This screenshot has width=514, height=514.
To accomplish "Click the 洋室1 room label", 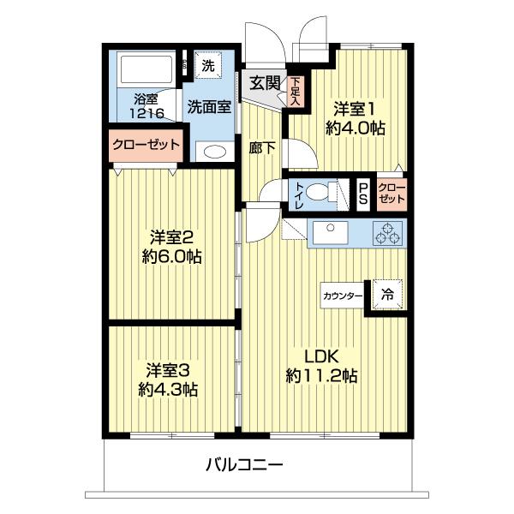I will tap(354, 109).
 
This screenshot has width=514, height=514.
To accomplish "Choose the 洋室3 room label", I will tap(167, 370).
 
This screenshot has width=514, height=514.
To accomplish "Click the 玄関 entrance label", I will tap(265, 83).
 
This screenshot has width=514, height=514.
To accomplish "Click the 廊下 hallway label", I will tap(263, 147).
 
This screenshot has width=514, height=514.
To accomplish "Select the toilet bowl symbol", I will tap(324, 192).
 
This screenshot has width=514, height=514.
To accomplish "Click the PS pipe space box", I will tap(363, 192).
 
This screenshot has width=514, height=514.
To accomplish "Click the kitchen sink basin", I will tap(327, 232).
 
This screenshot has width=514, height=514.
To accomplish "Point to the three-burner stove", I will tap(386, 232).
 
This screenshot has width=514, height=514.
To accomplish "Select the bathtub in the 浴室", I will tap(145, 69).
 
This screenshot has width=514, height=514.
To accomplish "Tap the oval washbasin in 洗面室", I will tap(214, 152).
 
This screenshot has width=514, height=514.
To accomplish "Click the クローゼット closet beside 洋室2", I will tap(146, 145).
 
